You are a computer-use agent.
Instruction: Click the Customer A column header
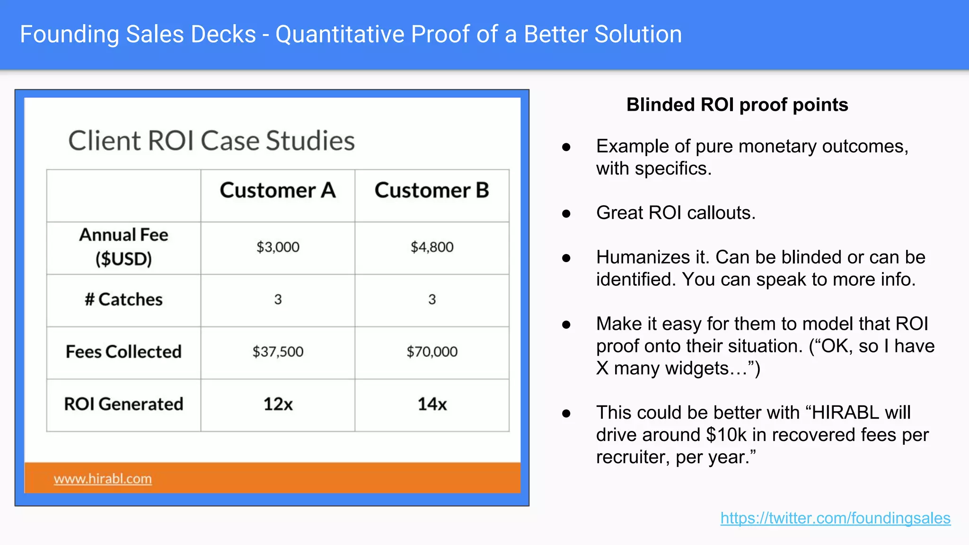coord(278,191)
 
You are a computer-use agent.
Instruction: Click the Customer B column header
coord(432,191)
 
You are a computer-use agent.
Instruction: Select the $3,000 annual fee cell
coord(278,247)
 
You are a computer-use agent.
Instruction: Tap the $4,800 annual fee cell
coord(432,247)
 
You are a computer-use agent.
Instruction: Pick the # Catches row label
coord(123,299)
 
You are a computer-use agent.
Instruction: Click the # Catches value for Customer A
coord(278,299)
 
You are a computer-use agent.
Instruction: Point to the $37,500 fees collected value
coord(278,352)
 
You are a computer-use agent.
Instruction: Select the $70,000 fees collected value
coord(432,352)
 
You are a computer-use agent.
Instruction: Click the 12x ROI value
coord(278,404)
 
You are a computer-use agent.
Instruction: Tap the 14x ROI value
coord(432,404)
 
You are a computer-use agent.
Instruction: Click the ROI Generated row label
coord(123,404)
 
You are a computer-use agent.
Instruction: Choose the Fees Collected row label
coord(123,352)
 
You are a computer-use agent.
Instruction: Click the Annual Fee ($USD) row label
coord(123,246)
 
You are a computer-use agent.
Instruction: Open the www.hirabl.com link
coord(103,479)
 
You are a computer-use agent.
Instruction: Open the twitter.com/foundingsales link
coord(835,518)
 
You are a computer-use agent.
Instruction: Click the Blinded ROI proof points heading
coord(737,105)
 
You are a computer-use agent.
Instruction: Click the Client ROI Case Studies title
coord(211,141)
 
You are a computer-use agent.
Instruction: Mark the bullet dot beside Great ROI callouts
coord(566,214)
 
